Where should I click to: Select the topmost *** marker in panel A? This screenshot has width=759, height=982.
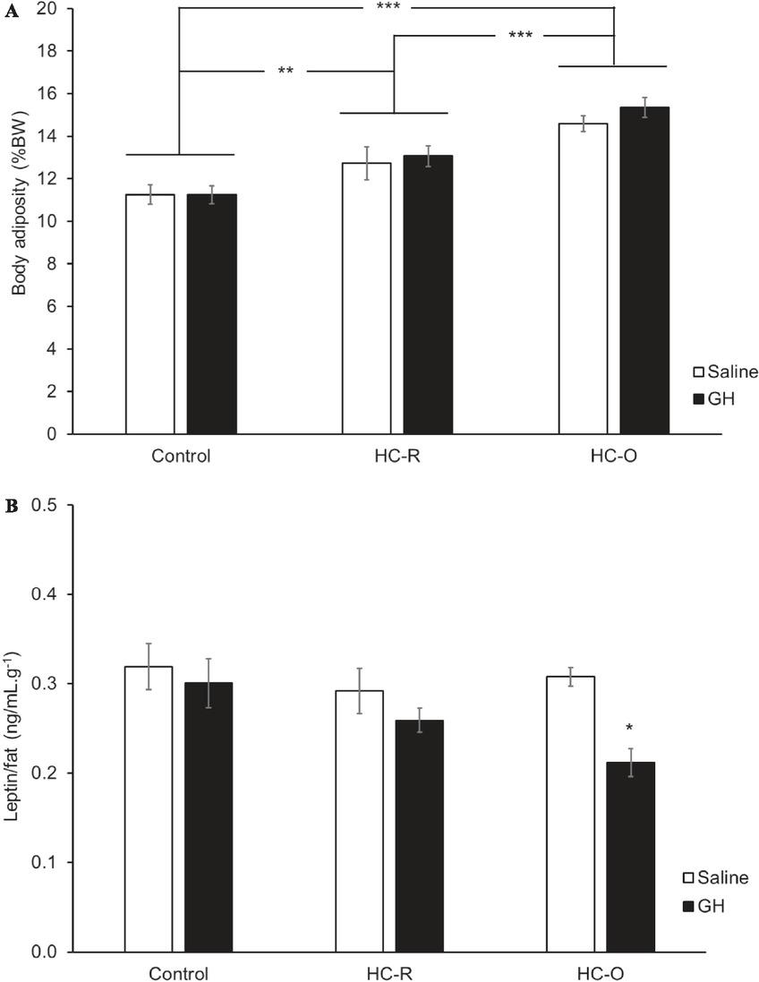[388, 8]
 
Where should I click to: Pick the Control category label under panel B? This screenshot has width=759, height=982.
[181, 973]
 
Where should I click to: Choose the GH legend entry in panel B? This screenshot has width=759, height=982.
[706, 906]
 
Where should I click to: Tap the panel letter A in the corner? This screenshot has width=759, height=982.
[10, 10]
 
